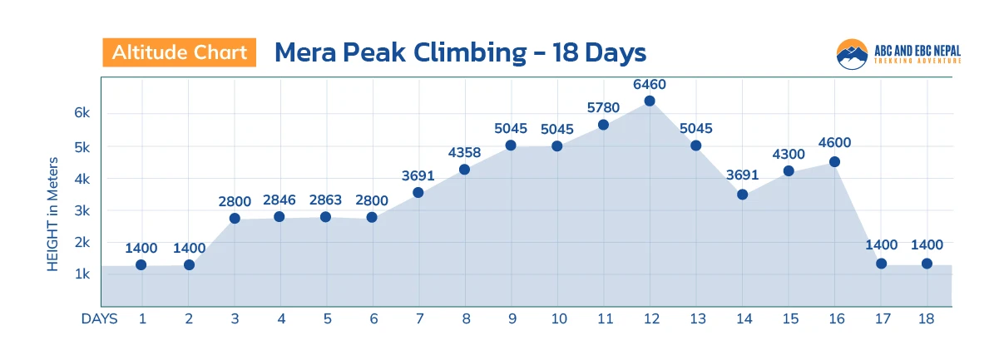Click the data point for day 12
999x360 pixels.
[650, 101]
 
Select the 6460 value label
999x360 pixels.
[650, 84]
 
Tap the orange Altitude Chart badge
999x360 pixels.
[180, 52]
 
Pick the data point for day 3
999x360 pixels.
[235, 219]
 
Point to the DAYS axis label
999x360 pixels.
[99, 318]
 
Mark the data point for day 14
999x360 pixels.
[742, 195]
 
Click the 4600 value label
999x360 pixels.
[834, 143]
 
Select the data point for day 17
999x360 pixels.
[881, 264]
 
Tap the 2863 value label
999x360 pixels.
[325, 200]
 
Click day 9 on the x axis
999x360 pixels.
[511, 318]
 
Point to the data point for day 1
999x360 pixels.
[141, 265]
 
